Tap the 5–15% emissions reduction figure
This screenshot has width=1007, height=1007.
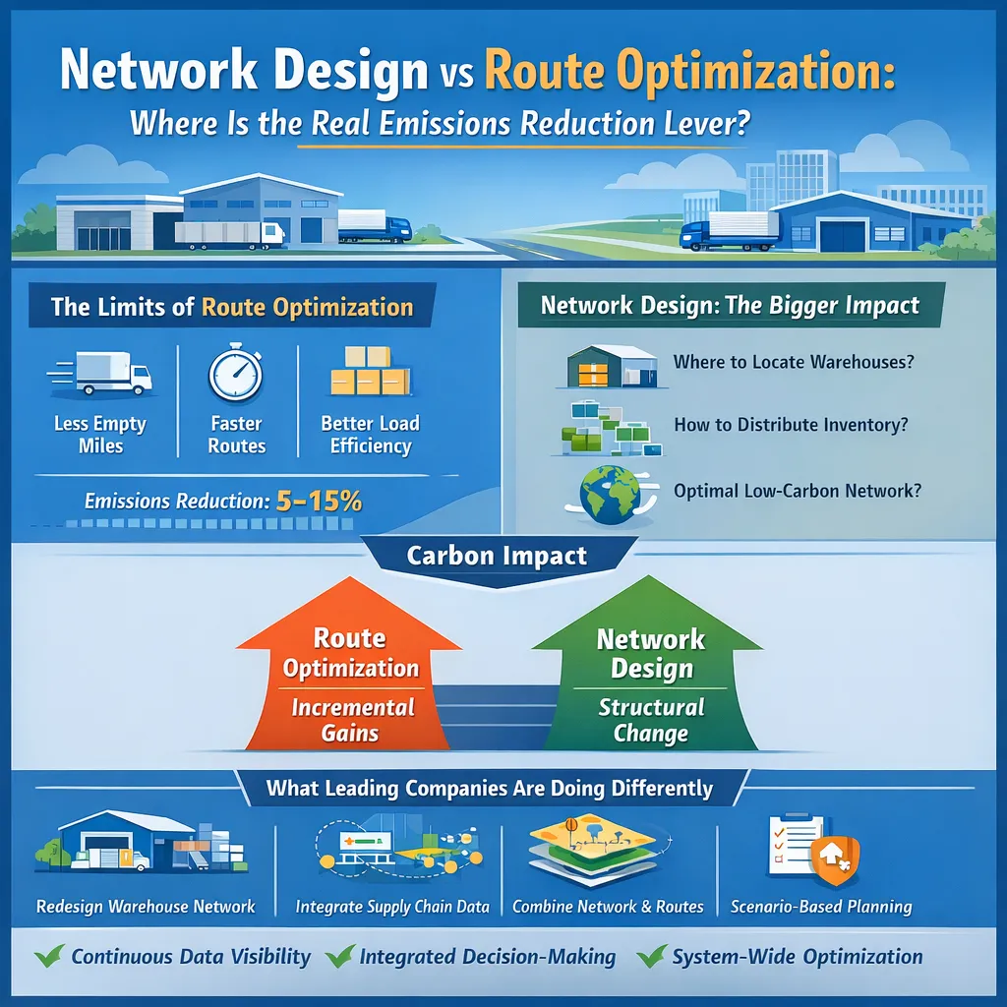(319, 501)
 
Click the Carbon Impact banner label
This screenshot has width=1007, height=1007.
(497, 556)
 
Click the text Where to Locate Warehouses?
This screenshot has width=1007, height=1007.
(794, 361)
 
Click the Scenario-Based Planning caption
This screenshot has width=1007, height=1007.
(821, 906)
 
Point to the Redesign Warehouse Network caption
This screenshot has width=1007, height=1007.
(146, 906)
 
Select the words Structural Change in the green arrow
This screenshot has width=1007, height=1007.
(651, 720)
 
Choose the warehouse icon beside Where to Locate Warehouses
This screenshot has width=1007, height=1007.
(611, 366)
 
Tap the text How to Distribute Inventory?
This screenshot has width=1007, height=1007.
(791, 425)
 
